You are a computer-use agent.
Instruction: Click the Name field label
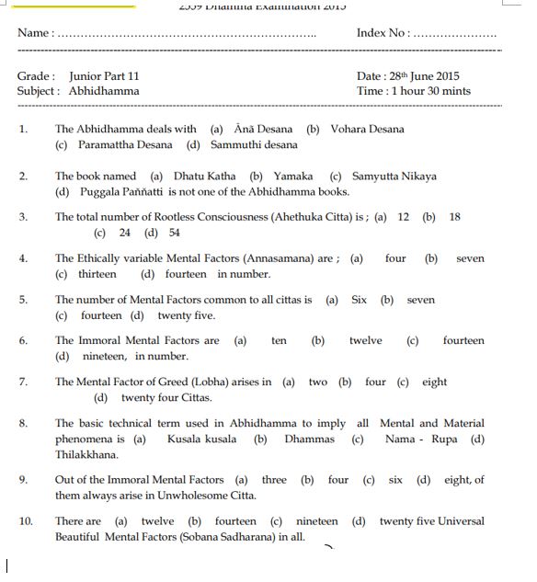[35, 33]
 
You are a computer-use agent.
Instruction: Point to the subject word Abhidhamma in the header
[104, 91]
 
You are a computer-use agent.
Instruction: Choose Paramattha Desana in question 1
[120, 144]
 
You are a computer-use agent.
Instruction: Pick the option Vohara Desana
[367, 129]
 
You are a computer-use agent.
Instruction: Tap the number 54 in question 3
[174, 233]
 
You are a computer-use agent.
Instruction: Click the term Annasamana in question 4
[276, 258]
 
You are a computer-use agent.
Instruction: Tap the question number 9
[23, 480]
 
